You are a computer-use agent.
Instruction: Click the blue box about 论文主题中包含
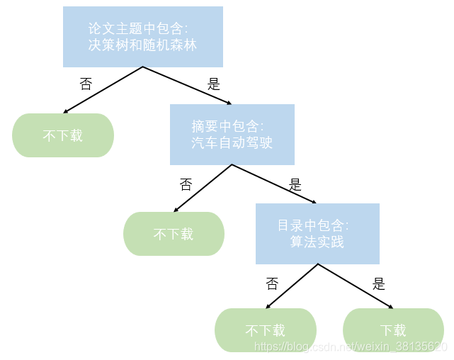click(142, 36)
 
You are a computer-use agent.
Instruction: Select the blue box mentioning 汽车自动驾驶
click(232, 135)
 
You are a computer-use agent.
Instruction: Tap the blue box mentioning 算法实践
click(317, 233)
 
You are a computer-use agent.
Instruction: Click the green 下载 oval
click(393, 330)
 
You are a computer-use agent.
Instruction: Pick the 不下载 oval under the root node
click(63, 135)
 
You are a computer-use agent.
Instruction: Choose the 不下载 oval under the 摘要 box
click(174, 234)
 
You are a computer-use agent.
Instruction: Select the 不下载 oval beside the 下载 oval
click(265, 330)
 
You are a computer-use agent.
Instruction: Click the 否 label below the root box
click(86, 84)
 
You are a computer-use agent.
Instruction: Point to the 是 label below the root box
click(214, 84)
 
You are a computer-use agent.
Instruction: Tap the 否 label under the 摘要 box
click(186, 185)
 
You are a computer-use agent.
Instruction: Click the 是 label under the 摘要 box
click(295, 185)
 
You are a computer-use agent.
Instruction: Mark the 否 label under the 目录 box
click(272, 284)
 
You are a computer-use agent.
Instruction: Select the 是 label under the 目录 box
click(379, 284)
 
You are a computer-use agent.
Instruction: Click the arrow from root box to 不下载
click(103, 90)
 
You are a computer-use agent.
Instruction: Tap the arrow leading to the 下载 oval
click(356, 286)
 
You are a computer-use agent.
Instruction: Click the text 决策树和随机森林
click(142, 45)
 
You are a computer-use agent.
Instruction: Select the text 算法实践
click(317, 242)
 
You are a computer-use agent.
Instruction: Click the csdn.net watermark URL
click(351, 347)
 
